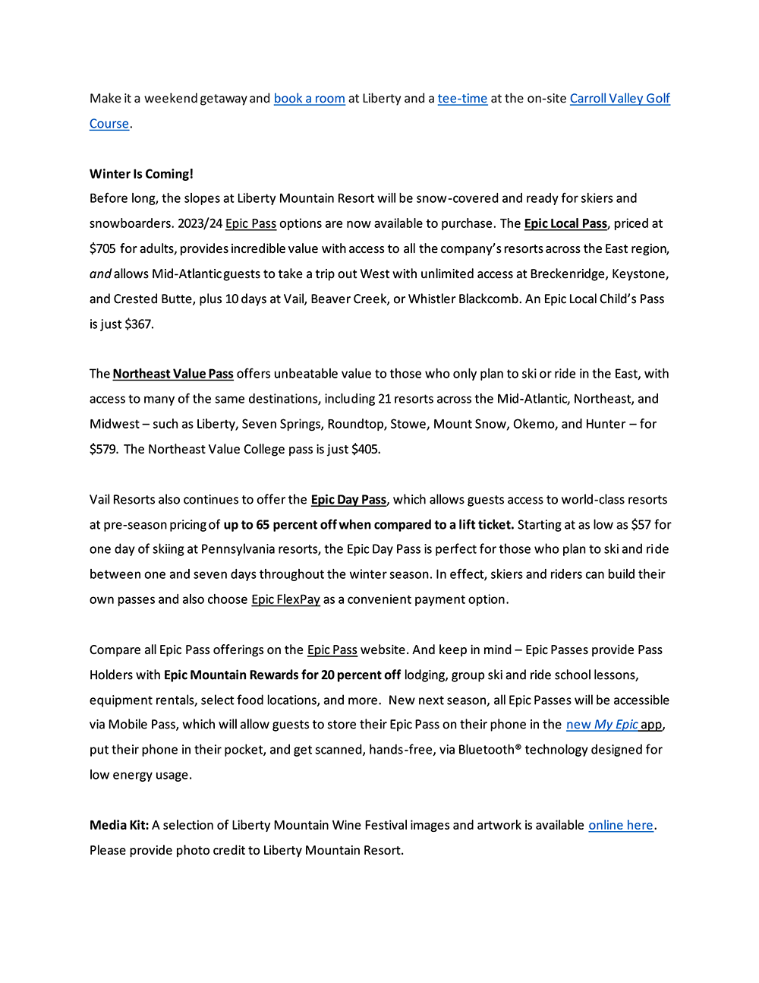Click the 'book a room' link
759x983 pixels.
click(x=309, y=99)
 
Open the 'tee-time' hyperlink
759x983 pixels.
click(x=462, y=99)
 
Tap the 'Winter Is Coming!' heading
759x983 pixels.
click(x=141, y=174)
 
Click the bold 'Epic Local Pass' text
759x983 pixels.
click(x=565, y=223)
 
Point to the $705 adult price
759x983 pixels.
click(x=102, y=248)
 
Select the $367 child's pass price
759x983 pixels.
click(x=138, y=324)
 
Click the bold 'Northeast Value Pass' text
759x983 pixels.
click(x=173, y=374)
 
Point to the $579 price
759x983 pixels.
click(x=102, y=449)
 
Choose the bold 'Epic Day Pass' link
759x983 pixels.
click(x=348, y=499)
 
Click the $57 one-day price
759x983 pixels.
click(x=641, y=524)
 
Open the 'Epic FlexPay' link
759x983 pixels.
click(x=285, y=599)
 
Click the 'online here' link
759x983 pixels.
click(x=620, y=825)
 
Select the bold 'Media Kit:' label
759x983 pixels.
click(x=119, y=825)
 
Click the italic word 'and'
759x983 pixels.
click(x=100, y=273)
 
